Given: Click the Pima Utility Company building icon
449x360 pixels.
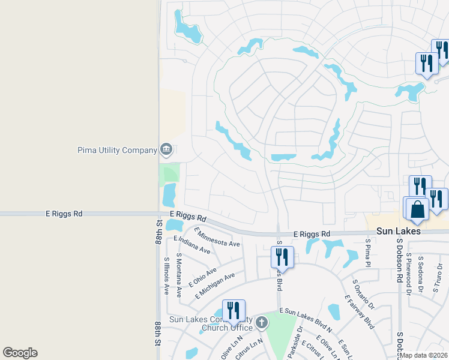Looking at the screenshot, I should click(166, 149).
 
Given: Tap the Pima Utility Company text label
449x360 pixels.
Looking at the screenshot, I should click(117, 150).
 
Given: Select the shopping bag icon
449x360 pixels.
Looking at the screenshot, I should click(417, 210).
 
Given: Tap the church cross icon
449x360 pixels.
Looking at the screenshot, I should click(261, 323).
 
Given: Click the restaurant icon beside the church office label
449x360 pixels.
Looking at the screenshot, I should click(233, 311).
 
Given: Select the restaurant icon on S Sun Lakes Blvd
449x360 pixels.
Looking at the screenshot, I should click(282, 257).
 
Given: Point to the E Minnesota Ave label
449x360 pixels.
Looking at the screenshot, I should click(217, 238).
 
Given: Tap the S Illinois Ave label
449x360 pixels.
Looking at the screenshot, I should click(166, 275).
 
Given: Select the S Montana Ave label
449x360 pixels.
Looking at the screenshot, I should click(179, 275).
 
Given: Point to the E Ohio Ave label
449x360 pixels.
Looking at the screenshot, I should click(202, 275).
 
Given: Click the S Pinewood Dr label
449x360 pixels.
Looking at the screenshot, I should click(408, 268).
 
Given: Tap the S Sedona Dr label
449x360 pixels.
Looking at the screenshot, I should click(421, 268).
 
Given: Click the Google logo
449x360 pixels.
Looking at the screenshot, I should click(20, 353).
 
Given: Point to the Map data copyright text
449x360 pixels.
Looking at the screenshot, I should click(423, 355).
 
